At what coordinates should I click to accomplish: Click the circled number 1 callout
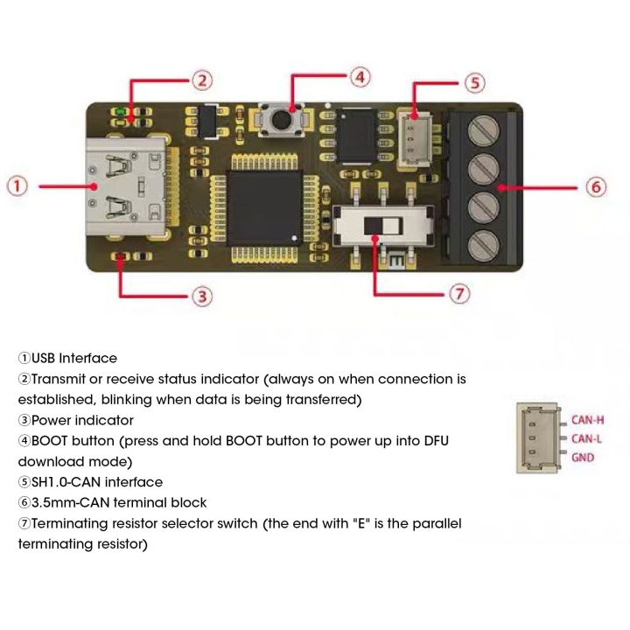[19, 185]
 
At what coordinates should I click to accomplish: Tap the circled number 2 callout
[202, 80]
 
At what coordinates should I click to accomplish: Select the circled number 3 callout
[202, 296]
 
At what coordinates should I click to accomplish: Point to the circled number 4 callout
[360, 77]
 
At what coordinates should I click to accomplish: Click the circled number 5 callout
[473, 83]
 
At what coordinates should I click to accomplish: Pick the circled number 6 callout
[595, 186]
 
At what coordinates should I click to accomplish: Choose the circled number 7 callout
[460, 293]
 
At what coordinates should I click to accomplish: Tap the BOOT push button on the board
[281, 117]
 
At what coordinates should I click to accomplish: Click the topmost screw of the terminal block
[480, 133]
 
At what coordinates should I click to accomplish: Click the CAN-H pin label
[587, 419]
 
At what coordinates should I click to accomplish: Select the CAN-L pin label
[586, 438]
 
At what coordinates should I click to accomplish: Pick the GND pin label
[583, 458]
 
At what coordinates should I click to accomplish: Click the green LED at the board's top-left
[118, 112]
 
